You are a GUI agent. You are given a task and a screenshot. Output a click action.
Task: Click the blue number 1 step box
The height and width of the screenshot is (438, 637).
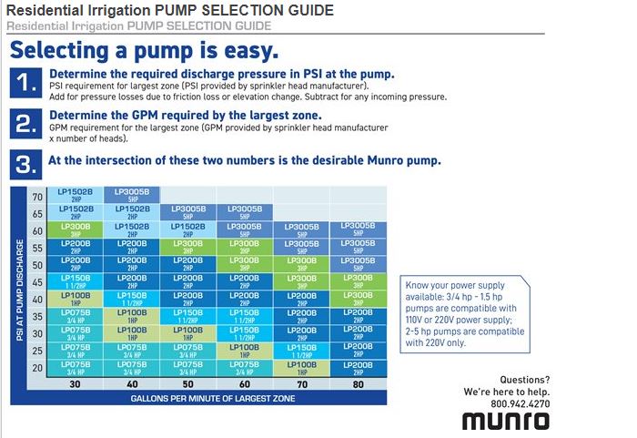point(25,82)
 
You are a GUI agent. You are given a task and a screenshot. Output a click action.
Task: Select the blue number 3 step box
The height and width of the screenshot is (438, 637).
point(25,163)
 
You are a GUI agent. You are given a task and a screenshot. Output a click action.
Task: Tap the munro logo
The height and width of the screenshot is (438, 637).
point(505,420)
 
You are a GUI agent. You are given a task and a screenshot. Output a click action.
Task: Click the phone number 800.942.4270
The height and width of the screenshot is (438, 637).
point(520,403)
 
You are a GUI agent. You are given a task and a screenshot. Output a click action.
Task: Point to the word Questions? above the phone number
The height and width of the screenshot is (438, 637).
point(524,379)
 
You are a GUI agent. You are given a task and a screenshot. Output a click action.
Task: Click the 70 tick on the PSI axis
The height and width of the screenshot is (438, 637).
point(37,197)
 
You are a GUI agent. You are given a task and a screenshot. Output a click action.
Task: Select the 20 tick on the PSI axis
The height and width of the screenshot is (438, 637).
point(37,369)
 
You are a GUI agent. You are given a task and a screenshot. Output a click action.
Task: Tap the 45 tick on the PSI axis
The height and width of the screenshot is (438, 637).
point(37,282)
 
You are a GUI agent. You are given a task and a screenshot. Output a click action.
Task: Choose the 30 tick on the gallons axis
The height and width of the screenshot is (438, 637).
point(76,384)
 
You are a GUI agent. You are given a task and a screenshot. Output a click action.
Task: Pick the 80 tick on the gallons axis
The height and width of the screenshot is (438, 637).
point(357,384)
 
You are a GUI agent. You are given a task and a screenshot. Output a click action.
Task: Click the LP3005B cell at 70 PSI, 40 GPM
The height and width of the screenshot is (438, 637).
point(132,195)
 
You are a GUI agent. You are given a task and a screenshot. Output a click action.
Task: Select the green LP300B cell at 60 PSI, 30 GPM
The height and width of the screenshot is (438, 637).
point(76,229)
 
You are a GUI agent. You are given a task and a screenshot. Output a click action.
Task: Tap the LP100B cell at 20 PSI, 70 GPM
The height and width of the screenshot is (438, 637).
point(301,367)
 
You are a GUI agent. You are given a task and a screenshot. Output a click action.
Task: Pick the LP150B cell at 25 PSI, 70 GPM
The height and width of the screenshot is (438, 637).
point(301,350)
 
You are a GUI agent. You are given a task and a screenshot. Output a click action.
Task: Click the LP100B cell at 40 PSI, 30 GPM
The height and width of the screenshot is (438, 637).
point(76,298)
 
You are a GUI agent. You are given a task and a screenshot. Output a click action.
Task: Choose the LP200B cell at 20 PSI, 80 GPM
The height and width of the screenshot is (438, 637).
point(357,367)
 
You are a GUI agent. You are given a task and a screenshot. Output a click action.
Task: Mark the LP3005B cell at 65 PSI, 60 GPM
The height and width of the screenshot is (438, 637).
point(245,211)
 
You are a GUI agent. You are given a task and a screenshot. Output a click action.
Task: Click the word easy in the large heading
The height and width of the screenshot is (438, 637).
point(244,50)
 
